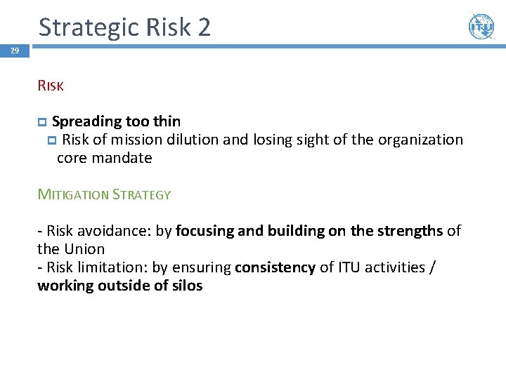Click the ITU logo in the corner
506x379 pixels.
(481, 27)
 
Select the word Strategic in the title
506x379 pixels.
(89, 27)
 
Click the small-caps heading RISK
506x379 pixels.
(51, 86)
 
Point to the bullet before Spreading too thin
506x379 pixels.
(42, 122)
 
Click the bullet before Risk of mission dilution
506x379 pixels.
(52, 140)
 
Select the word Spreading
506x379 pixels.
(85, 122)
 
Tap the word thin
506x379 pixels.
(165, 121)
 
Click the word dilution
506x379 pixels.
(193, 140)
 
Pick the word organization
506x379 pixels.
(421, 140)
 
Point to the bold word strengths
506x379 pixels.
(408, 231)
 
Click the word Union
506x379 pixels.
(84, 249)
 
